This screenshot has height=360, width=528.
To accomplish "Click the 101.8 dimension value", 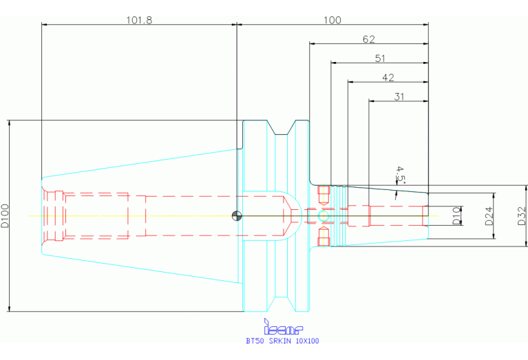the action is pyautogui.click(x=138, y=19).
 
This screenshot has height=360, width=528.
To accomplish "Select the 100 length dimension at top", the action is pyautogui.click(x=332, y=19).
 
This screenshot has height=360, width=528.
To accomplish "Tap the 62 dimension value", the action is pyautogui.click(x=369, y=39).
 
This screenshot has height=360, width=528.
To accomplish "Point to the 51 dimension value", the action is pyautogui.click(x=379, y=58).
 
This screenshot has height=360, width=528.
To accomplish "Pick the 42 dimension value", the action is pyautogui.click(x=388, y=77).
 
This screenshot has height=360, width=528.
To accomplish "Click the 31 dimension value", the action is pyautogui.click(x=399, y=96).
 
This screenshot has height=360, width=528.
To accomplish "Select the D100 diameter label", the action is pyautogui.click(x=6, y=215).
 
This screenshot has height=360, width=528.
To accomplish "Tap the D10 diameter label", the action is pyautogui.click(x=456, y=216).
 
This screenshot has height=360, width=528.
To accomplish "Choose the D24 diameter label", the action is pyautogui.click(x=489, y=216).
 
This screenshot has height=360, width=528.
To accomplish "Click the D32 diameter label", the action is pyautogui.click(x=521, y=216).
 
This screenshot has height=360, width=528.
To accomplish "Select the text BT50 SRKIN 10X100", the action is pyautogui.click(x=282, y=341).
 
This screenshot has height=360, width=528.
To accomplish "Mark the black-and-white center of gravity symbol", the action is pyautogui.click(x=237, y=215).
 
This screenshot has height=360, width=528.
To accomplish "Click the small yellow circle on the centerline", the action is pyautogui.click(x=324, y=216).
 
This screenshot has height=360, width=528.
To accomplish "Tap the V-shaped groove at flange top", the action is pyautogui.click(x=283, y=127).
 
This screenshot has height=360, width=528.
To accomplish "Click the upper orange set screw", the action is pyautogui.click(x=324, y=191).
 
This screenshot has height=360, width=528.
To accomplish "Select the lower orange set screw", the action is pyautogui.click(x=324, y=240).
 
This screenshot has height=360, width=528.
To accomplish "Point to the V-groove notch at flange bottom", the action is pyautogui.click(x=283, y=304).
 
